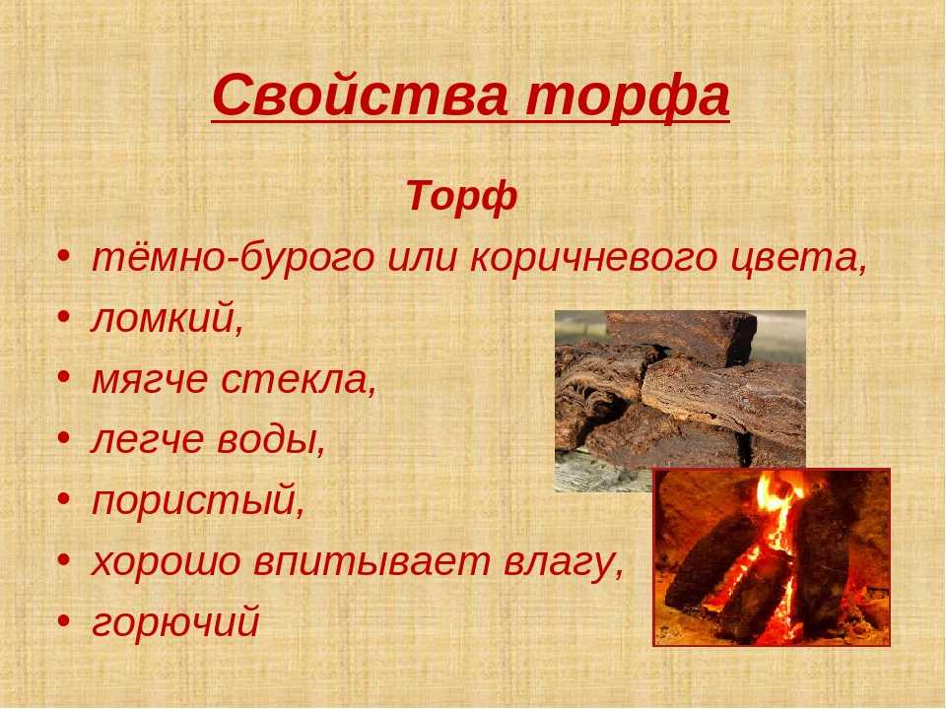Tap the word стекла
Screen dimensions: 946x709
(299, 380)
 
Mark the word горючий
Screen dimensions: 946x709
(175, 623)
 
